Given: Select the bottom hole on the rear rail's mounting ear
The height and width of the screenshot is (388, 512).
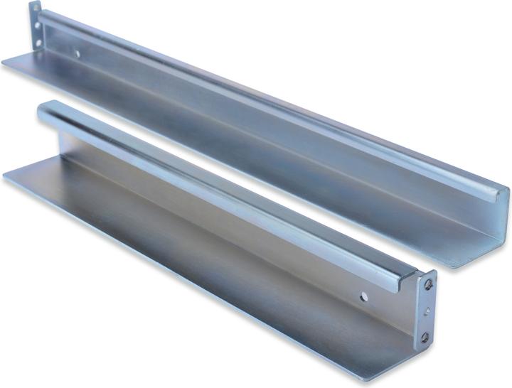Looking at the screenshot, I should tap(38, 31).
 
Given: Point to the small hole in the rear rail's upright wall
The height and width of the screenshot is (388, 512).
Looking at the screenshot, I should tap(77, 52).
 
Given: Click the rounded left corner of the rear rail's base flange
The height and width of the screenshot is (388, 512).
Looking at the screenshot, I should tap(6, 63).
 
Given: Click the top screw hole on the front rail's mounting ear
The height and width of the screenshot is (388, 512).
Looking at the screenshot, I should tap(429, 284).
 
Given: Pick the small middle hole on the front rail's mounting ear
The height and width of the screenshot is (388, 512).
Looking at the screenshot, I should tap(427, 311).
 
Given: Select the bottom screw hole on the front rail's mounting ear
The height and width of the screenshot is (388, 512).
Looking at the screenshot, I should tap(425, 338).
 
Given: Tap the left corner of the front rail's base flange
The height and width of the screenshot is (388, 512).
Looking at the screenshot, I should tap(7, 175).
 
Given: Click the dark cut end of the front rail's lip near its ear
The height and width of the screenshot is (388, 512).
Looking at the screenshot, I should tap(411, 280).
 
